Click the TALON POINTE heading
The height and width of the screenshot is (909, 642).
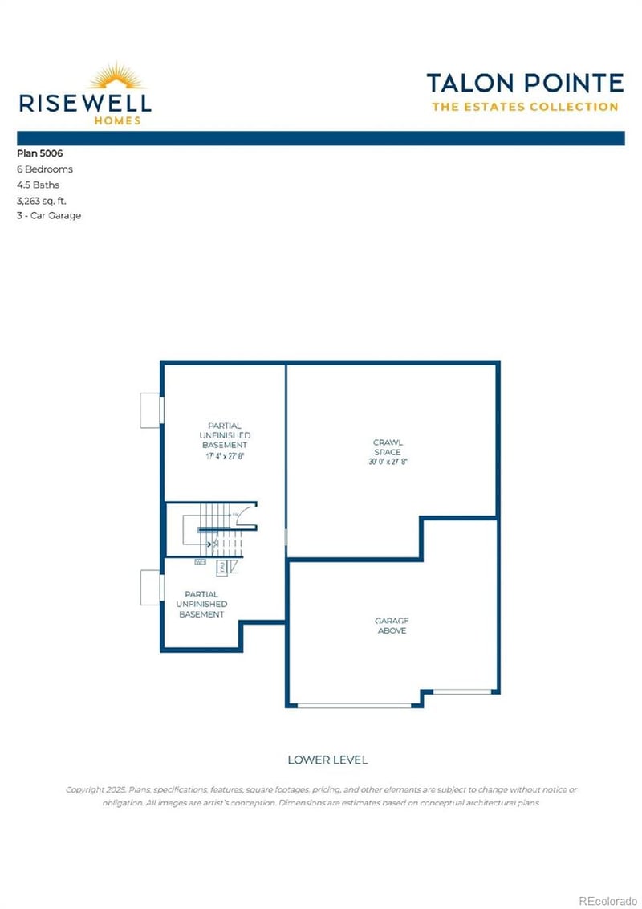point(524,83)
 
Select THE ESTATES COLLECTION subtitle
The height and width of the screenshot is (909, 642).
point(524,107)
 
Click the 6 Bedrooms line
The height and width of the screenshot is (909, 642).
point(45,169)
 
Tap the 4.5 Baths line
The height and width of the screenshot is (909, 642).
point(39,185)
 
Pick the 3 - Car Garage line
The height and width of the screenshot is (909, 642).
point(49,215)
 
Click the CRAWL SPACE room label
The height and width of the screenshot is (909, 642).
point(388,447)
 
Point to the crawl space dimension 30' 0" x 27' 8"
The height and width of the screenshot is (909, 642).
point(388,463)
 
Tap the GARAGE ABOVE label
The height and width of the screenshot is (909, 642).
point(391,626)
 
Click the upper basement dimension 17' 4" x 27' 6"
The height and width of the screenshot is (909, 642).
point(224,455)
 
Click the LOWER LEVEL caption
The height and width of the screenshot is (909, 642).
point(327,759)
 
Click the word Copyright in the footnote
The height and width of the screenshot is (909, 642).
point(87,789)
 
